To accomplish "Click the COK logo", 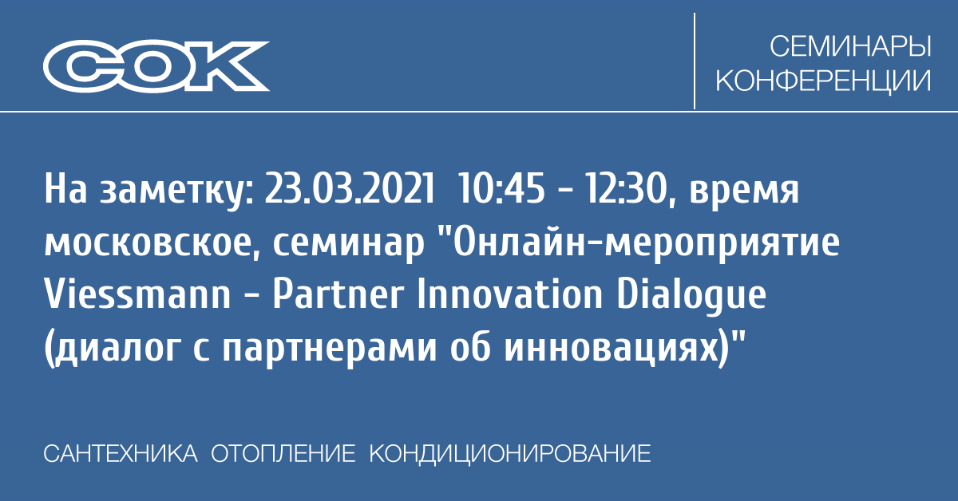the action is [156, 66].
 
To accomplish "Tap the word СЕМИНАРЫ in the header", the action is [850, 46].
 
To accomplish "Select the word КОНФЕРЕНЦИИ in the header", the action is [823, 81].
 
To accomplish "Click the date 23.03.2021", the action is [350, 188].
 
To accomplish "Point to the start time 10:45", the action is [501, 188].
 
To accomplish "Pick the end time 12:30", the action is [626, 189].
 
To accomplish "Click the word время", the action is [744, 193].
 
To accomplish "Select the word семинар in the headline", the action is [348, 247].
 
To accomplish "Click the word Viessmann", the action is [137, 294].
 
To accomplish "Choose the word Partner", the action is [338, 294].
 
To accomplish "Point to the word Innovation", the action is [510, 294].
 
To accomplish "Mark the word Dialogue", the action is [691, 297].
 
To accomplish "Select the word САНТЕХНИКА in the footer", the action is [121, 454].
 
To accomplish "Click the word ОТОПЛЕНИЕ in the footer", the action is [283, 454].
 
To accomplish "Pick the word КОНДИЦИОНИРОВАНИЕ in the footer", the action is [510, 455].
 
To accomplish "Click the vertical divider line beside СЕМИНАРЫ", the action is [694, 61].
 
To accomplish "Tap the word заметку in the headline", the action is [177, 191].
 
